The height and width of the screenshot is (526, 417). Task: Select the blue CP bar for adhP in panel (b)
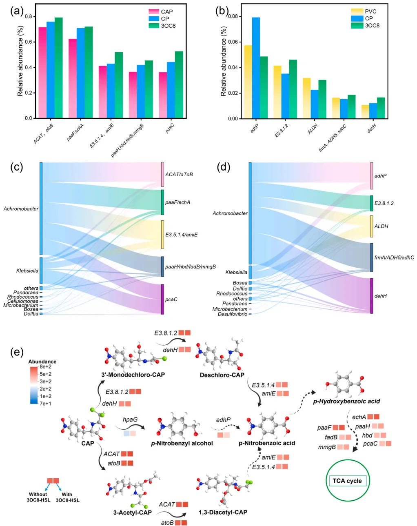click(x=256, y=68)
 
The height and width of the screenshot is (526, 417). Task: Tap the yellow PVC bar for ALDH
click(x=306, y=98)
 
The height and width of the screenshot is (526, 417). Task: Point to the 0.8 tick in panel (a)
click(x=29, y=16)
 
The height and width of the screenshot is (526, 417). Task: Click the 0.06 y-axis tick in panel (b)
click(x=233, y=42)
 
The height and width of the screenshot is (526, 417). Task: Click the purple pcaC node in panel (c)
click(x=162, y=299)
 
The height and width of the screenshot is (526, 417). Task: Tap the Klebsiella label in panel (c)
click(x=27, y=271)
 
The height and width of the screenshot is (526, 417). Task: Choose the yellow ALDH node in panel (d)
click(x=372, y=226)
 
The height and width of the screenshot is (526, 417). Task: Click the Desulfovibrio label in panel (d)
click(x=232, y=314)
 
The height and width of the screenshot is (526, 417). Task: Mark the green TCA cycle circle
click(x=347, y=480)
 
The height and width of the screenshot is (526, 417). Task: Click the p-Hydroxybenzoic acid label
click(x=346, y=401)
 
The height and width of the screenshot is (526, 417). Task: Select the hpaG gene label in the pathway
click(x=130, y=419)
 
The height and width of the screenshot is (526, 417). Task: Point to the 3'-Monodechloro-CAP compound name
click(x=133, y=375)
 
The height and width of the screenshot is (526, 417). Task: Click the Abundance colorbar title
click(x=42, y=362)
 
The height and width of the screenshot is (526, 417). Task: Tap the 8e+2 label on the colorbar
click(x=46, y=367)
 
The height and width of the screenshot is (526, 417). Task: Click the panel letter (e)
click(x=17, y=352)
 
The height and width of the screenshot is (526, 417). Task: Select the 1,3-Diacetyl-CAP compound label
click(x=223, y=512)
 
